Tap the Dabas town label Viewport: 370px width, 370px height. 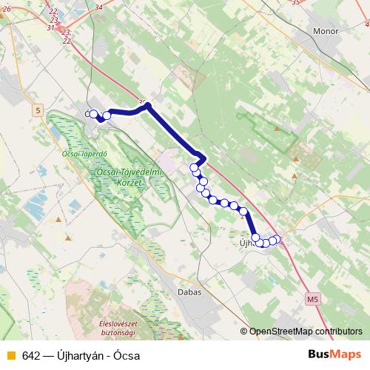(189, 292)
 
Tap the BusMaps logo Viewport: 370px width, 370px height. (335, 354)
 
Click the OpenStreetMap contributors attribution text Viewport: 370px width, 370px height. (306, 331)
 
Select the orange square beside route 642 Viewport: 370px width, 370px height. (10, 355)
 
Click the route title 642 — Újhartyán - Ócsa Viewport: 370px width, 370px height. (81, 355)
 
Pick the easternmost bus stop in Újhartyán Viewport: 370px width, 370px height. (278, 238)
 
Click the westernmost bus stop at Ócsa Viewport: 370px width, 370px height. (93, 114)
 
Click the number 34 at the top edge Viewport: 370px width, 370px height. (99, 7)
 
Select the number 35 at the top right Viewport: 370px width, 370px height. (296, 3)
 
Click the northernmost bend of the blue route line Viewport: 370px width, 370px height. (148, 106)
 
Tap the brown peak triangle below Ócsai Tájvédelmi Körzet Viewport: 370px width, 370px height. (68, 238)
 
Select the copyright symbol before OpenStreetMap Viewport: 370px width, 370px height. (243, 331)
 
